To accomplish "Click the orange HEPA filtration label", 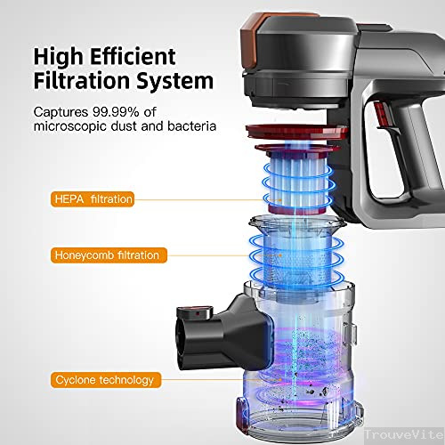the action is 93,199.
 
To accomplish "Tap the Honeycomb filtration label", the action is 109,255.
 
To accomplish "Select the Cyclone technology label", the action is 106,380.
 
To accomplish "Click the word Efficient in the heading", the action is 133,56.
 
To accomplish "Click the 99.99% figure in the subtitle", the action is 116,112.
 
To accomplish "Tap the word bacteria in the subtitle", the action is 191,126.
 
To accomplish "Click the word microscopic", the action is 70,126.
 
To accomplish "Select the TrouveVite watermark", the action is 404,434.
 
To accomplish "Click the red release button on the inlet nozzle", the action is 198,312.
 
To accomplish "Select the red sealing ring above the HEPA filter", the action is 296,132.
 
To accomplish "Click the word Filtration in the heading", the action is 82,81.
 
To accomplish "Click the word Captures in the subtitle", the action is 61,112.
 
